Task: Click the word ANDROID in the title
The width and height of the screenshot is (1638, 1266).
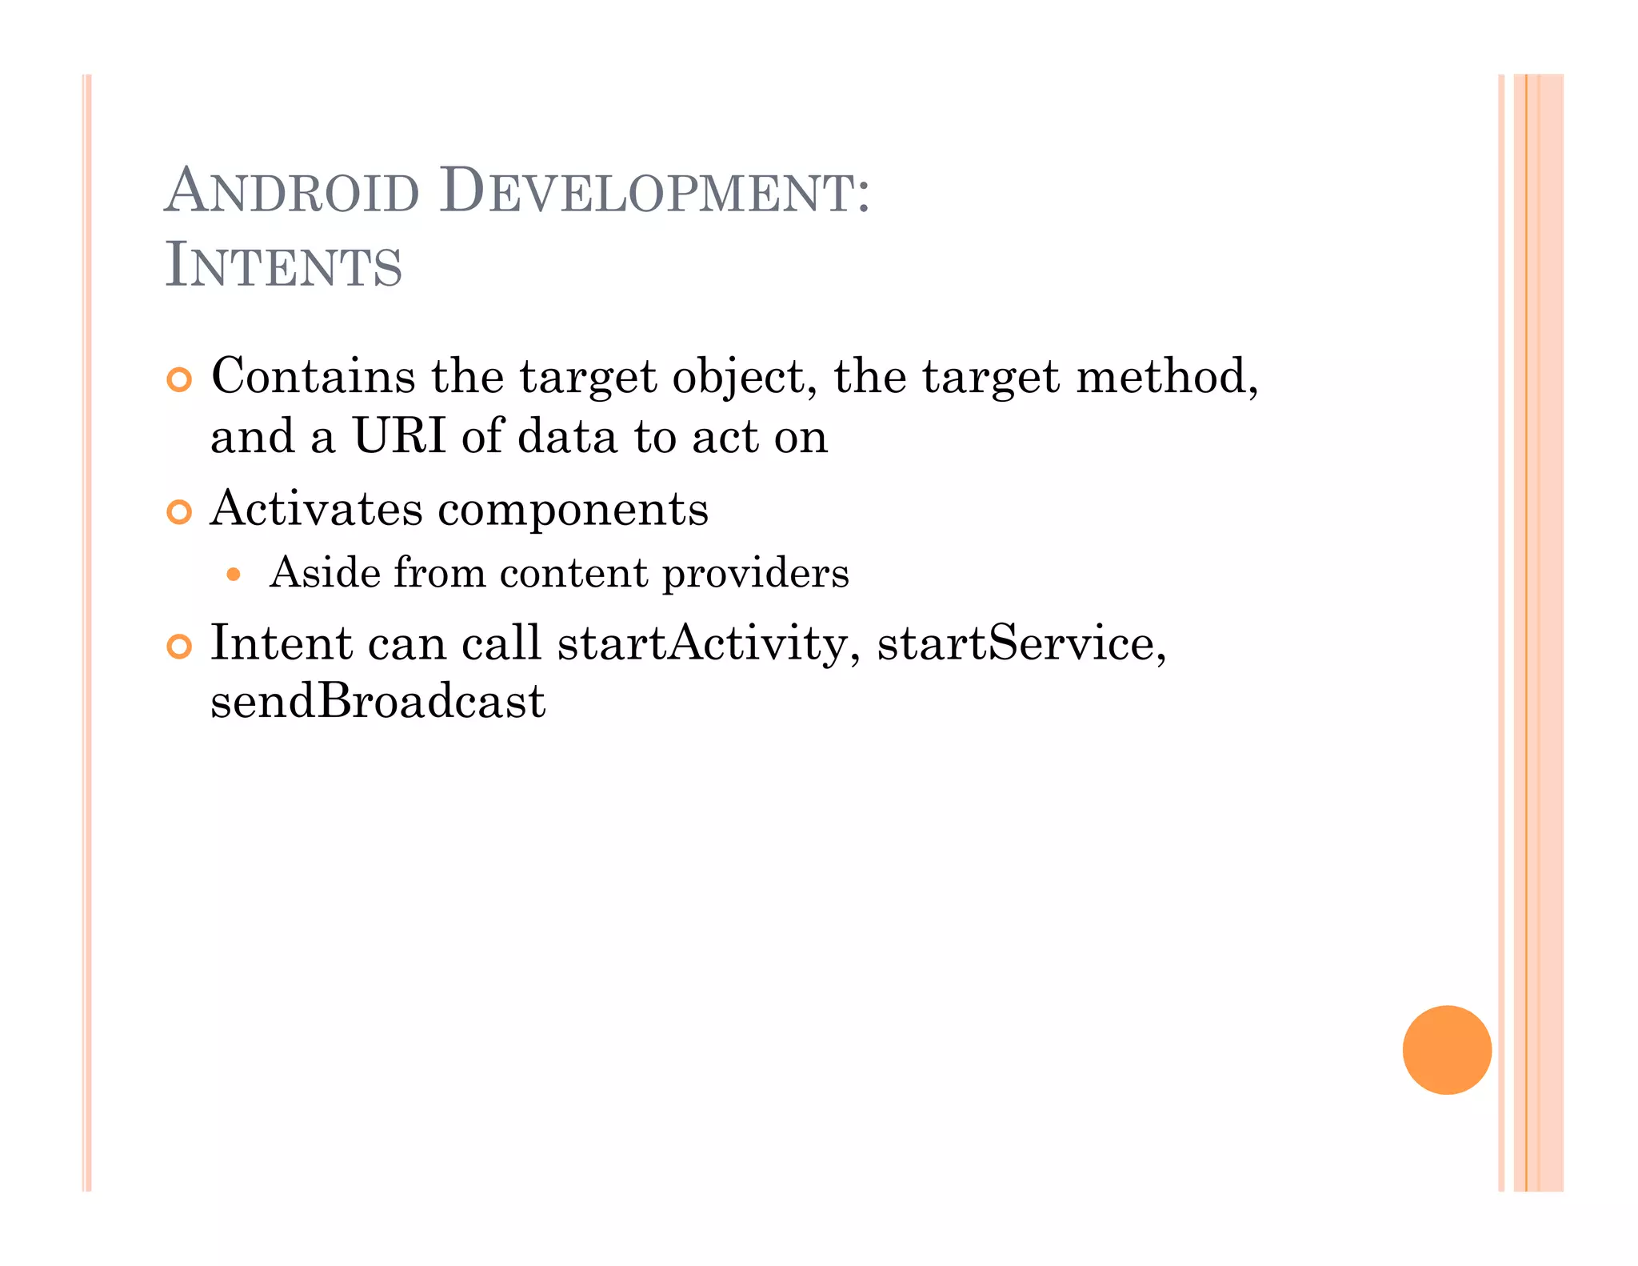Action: coord(292,192)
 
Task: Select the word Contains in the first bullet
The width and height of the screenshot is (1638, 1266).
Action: coord(313,375)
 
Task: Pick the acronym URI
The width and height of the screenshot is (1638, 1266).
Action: coord(399,437)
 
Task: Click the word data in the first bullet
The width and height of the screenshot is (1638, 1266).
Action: coord(567,437)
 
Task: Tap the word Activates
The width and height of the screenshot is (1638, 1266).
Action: coord(316,508)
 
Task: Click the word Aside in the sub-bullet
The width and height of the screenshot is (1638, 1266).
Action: coord(325,573)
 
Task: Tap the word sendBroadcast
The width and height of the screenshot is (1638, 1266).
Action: coord(378,701)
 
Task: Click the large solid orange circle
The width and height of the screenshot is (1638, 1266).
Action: coord(1446,1049)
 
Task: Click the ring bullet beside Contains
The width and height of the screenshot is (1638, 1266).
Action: coord(180,380)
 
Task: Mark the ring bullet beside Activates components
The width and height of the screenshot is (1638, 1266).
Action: coord(180,512)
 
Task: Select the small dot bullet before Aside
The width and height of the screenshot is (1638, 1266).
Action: coord(234,574)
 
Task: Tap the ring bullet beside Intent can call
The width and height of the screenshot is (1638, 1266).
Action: coord(180,647)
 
